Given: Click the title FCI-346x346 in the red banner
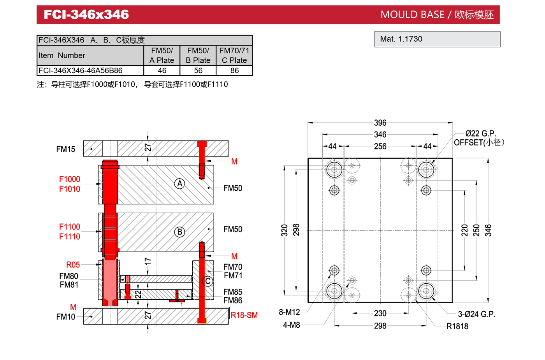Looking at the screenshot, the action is [86, 15].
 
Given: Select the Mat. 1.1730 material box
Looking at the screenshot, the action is [437, 39].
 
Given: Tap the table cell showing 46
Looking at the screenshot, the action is [162, 70].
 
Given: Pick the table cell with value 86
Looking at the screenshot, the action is [234, 70].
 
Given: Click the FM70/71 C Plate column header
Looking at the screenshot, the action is [234, 55].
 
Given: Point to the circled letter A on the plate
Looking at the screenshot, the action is [179, 183].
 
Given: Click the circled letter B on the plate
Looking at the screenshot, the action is [179, 232].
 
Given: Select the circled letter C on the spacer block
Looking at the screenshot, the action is [208, 281].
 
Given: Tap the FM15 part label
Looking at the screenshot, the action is [66, 149].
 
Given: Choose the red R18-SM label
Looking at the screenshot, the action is [244, 315].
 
